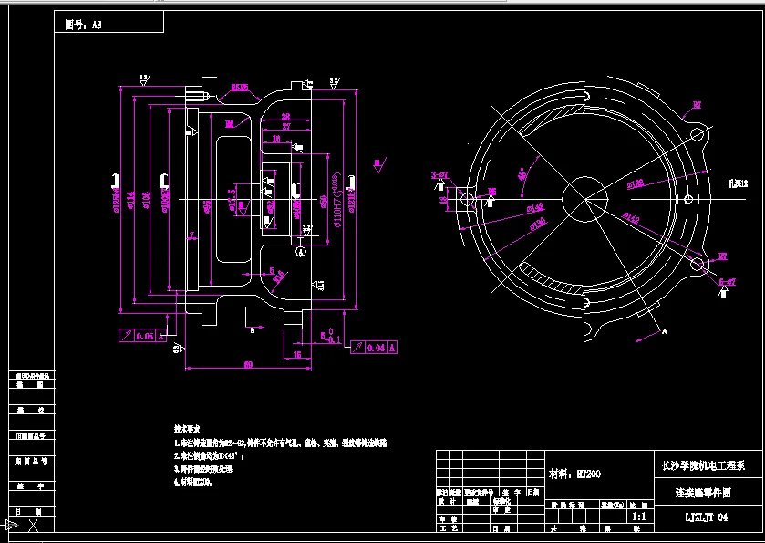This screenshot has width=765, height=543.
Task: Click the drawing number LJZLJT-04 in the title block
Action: pos(706,517)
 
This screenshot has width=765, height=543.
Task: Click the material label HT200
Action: pos(575,474)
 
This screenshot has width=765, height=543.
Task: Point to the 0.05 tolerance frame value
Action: pos(144,337)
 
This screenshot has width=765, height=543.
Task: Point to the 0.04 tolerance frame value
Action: pos(374,347)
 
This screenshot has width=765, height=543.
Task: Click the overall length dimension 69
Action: pos(247,365)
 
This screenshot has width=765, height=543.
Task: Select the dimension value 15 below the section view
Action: pos(297,354)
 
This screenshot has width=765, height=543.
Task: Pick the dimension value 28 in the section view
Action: pos(285,117)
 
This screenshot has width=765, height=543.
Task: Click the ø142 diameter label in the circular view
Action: pos(628,216)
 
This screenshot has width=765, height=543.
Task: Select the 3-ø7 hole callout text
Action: pos(439,174)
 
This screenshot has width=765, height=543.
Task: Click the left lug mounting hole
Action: pos(464,199)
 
